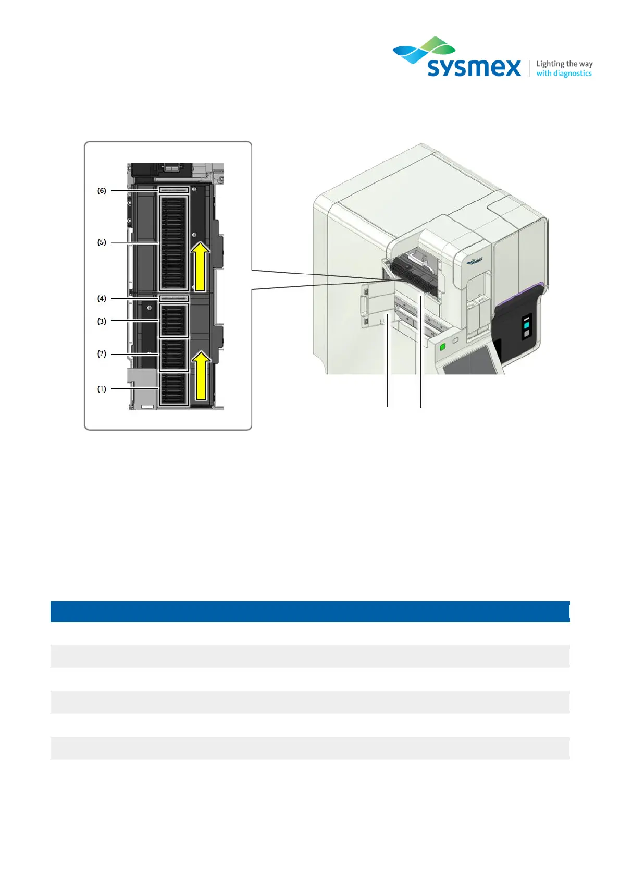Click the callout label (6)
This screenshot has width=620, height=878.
tap(102, 191)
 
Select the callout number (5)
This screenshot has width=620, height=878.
tap(102, 242)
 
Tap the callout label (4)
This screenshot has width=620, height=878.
tap(102, 299)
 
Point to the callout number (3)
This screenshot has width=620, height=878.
tap(102, 321)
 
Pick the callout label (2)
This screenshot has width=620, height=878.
tap(102, 354)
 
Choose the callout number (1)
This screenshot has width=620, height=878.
tap(102, 389)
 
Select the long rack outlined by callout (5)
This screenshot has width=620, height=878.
tap(173, 243)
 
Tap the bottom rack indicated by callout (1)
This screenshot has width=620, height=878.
tap(173, 389)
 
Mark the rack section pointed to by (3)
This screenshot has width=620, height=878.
tap(173, 321)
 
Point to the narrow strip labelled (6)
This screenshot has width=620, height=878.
tap(173, 191)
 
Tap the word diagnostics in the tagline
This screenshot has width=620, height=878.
tap(572, 74)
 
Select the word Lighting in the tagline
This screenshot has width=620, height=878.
tap(550, 64)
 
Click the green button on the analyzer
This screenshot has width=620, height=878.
tap(443, 347)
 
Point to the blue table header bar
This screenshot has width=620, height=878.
tap(310, 611)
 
